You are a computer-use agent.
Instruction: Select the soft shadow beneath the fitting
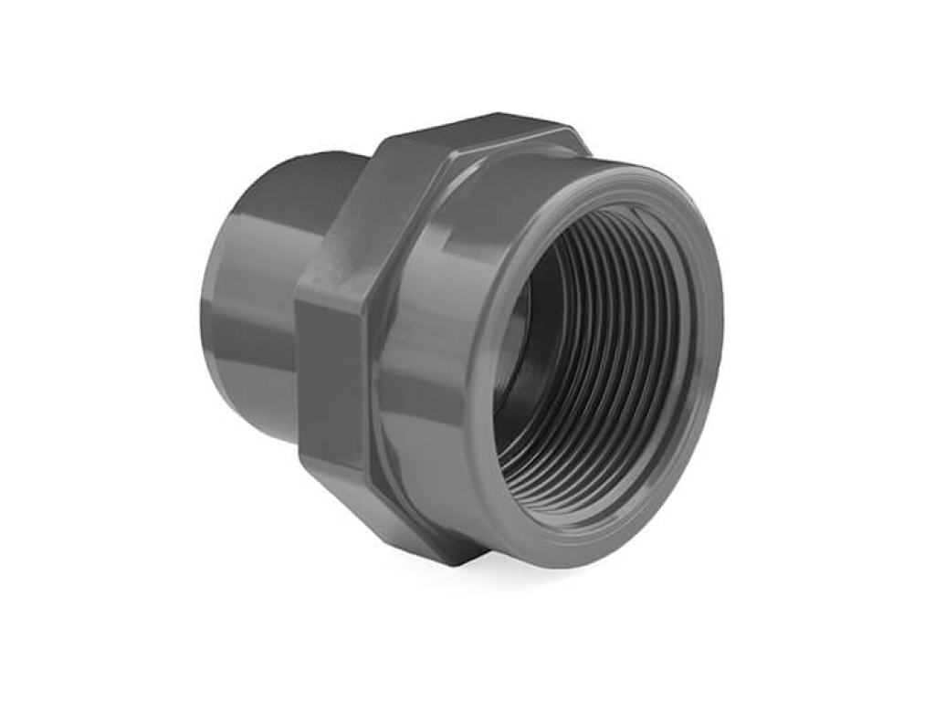pyautogui.click(x=548, y=580)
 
